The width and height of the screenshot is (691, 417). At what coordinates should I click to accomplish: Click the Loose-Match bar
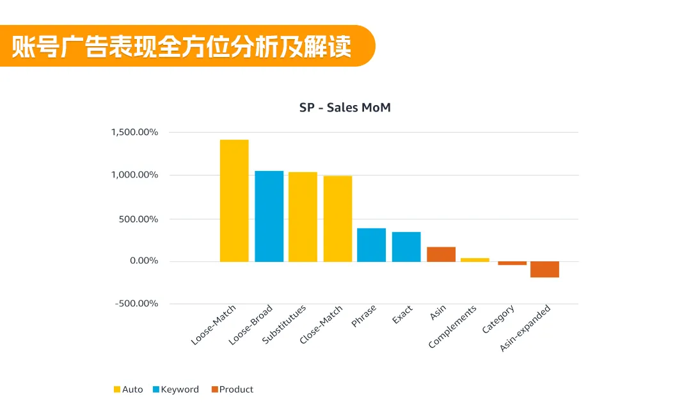[234, 200]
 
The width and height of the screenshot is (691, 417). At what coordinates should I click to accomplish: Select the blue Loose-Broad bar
[269, 216]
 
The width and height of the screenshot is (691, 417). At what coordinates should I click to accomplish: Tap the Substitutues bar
[303, 217]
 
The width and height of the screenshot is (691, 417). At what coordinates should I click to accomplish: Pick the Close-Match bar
[338, 218]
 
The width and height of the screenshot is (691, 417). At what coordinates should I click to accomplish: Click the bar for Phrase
[371, 245]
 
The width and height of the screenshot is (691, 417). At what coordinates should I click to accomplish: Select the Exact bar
[406, 247]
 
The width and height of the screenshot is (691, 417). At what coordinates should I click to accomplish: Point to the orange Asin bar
[441, 254]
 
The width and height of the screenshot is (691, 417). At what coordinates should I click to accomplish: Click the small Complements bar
[475, 259]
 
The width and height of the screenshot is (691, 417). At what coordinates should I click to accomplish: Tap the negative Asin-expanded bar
[544, 269]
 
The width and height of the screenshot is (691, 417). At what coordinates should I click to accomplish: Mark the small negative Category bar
[512, 263]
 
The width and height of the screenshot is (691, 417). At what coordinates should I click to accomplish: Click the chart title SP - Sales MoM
[345, 108]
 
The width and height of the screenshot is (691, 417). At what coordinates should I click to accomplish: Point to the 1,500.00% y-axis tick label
[134, 133]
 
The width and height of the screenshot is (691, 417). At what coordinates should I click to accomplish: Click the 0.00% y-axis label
[143, 261]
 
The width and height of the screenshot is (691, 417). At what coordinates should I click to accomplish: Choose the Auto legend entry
[128, 389]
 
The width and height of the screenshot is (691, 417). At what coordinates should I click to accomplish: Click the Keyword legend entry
[175, 389]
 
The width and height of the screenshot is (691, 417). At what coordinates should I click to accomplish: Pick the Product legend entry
[232, 389]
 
